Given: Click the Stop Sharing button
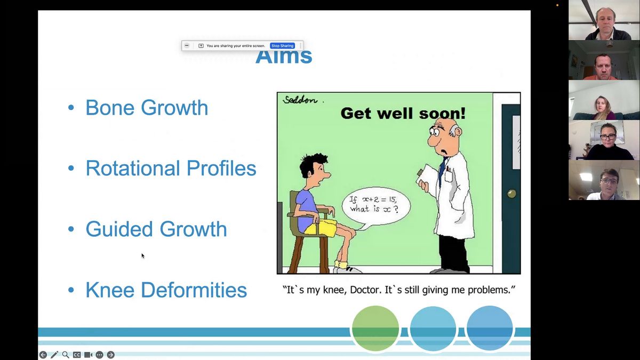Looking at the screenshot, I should (282, 46).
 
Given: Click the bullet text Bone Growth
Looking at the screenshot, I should (147, 108).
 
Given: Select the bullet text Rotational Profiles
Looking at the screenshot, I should (171, 169).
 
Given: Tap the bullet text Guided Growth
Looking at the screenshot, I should (156, 229).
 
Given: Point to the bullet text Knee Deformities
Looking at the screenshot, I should (166, 290).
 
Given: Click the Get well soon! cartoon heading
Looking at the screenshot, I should (403, 113).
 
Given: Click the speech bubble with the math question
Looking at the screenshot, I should (375, 205).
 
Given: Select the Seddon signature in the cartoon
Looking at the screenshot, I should (300, 100).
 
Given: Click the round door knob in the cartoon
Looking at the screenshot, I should (512, 194).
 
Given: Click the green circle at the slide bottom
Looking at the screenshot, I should (375, 329).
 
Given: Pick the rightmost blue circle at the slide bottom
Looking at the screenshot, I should (490, 329).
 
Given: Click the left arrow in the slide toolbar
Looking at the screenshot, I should (43, 355).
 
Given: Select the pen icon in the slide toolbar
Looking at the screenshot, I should (54, 355).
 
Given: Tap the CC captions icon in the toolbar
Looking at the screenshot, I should (77, 355).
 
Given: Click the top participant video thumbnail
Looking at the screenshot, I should (604, 20).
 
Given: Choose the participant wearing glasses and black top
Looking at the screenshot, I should (604, 140).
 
